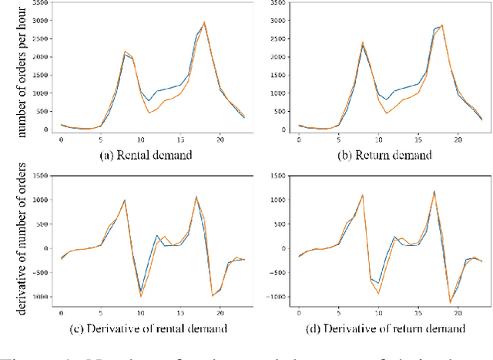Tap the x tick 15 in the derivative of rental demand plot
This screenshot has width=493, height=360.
pos(180,315)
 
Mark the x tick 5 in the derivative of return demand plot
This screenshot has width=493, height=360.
pos(338,315)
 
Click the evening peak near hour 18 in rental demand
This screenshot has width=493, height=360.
pos(204,22)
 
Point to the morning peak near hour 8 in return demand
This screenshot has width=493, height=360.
pos(362,43)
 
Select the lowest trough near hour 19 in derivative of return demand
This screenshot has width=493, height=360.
pos(450,302)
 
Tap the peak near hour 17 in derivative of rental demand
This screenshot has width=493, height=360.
pos(196,197)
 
